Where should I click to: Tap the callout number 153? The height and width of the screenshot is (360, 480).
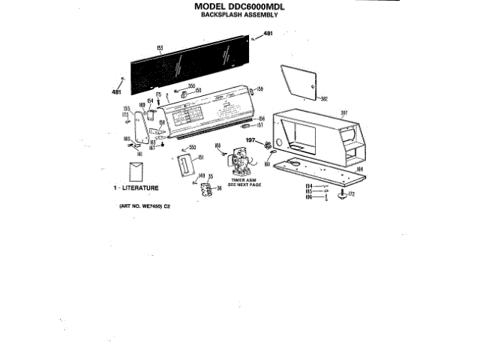click(160, 49)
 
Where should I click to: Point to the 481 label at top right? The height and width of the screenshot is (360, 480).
click(268, 34)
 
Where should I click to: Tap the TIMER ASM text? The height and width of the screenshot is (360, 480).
click(245, 180)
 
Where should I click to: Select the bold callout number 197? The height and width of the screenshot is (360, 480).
click(252, 140)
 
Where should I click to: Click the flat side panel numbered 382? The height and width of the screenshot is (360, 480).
click(298, 81)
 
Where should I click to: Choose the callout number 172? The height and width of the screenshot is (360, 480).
click(352, 194)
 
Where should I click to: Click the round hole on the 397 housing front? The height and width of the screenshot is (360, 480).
click(281, 142)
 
